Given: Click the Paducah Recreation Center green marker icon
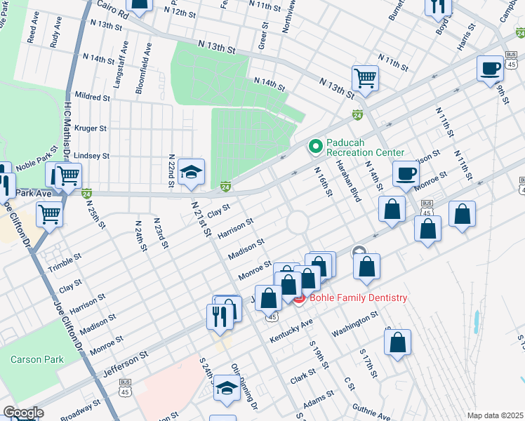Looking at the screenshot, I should [315, 147].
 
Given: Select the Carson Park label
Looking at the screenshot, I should [36, 359].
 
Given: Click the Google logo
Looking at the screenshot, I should [23, 413].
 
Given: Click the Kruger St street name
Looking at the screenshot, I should [91, 128].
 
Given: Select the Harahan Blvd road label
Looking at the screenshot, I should [347, 181].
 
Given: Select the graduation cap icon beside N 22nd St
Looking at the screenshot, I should [191, 173].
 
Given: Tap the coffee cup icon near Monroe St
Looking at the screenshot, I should [405, 173].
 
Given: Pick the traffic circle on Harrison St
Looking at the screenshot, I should [298, 222].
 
